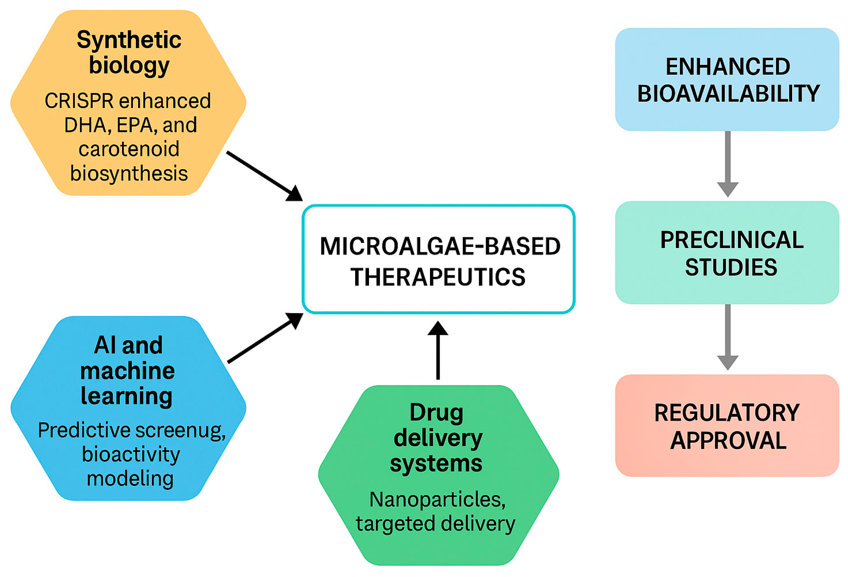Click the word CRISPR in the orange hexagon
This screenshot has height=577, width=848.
click(79, 101)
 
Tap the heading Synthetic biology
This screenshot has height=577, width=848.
click(129, 52)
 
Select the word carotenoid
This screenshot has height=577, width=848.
click(129, 149)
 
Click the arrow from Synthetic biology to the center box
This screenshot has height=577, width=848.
click(265, 176)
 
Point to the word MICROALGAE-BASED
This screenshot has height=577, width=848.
click(440, 246)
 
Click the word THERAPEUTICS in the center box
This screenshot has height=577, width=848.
click(438, 277)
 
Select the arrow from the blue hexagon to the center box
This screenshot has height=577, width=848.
click(265, 338)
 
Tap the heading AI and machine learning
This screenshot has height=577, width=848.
click(128, 370)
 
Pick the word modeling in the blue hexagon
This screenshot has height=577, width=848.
click(130, 479)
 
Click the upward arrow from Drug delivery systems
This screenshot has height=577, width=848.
click(438, 350)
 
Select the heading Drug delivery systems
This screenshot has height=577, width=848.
click(437, 438)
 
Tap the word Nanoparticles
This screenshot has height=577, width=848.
click(437, 499)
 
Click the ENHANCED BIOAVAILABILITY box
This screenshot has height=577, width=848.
click(727, 79)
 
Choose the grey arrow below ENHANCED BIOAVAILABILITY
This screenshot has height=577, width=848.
click(727, 164)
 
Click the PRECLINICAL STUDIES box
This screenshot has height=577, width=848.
click(727, 253)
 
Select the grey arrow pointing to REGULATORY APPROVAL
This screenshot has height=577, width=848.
click(727, 337)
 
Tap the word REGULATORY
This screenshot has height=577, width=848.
click(727, 413)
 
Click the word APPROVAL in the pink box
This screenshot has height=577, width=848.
click(728, 440)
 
